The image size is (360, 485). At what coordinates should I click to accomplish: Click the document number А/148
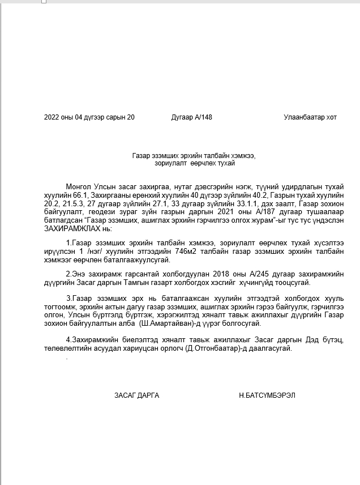click(x=204, y=117)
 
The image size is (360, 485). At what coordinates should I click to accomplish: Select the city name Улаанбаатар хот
click(x=310, y=117)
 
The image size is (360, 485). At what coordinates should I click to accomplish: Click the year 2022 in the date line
click(x=51, y=117)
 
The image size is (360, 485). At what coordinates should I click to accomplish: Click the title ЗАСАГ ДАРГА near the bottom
click(x=136, y=395)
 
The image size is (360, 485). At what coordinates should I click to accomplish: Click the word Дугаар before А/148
click(x=182, y=117)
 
